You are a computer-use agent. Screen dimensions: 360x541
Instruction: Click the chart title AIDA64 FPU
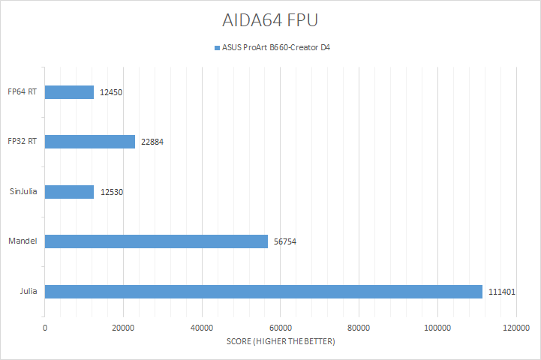coord(270,18)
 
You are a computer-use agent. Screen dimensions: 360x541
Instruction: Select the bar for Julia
coord(263,291)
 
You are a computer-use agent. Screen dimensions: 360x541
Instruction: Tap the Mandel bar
coord(156,241)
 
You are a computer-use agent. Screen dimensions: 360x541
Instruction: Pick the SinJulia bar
coord(69,192)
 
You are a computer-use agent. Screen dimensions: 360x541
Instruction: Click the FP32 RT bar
coord(90,142)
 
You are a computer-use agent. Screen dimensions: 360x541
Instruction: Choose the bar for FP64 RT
coord(69,92)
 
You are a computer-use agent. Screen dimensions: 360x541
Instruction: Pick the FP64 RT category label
coord(23,92)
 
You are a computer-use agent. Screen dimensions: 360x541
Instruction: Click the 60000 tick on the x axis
coord(280,328)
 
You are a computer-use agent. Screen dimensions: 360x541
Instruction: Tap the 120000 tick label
coord(515,328)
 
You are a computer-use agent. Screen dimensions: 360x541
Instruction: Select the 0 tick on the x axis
coord(45,328)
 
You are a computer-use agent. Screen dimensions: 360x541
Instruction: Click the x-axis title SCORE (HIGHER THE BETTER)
coord(281,341)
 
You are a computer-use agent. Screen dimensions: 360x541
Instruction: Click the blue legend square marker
coord(217,47)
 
